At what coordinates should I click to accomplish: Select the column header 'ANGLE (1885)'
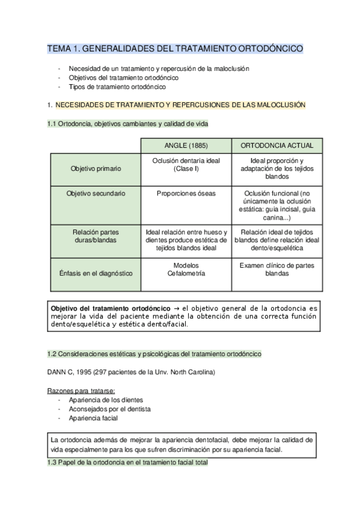pos(186,146)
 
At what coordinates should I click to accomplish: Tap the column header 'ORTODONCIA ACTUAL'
pos(277,146)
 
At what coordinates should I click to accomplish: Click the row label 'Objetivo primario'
pos(96,169)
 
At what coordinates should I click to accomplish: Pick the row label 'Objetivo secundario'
pos(96,194)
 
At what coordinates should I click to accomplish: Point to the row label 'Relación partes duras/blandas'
pos(96,235)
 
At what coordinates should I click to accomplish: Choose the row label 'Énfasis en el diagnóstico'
pos(96,273)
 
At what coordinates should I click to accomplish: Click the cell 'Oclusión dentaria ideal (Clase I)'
pos(186,165)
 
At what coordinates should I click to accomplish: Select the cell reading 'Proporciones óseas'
pos(186,194)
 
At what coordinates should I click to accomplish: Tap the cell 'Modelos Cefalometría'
pos(186,269)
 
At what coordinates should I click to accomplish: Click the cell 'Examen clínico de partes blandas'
pos(277,269)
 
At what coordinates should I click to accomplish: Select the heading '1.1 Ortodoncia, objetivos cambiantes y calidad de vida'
pos(128,124)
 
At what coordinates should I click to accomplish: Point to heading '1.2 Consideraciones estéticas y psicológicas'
pos(154,354)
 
